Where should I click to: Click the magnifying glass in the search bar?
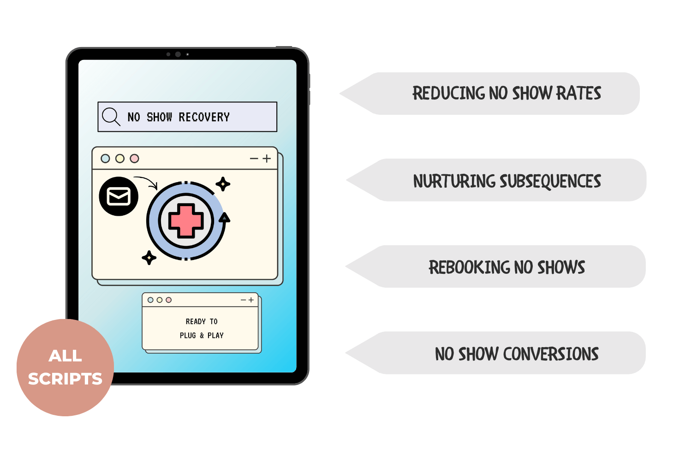(110, 116)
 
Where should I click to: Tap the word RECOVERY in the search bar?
(204, 117)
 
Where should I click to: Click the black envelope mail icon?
(119, 196)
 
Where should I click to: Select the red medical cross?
(186, 220)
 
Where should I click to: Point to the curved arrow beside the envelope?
(147, 181)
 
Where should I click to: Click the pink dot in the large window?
(134, 159)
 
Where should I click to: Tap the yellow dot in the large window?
(120, 159)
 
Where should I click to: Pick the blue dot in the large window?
(105, 159)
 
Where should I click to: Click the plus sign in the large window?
(267, 159)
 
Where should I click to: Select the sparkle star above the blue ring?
(223, 184)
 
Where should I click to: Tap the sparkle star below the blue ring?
(149, 257)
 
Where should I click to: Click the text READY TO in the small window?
(202, 321)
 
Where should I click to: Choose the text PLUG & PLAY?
(202, 336)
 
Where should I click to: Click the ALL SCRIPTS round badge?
(65, 367)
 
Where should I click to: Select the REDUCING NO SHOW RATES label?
(507, 93)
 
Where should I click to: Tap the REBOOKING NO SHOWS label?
(507, 267)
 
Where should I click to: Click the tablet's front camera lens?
(178, 54)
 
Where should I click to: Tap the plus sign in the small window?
(251, 300)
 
